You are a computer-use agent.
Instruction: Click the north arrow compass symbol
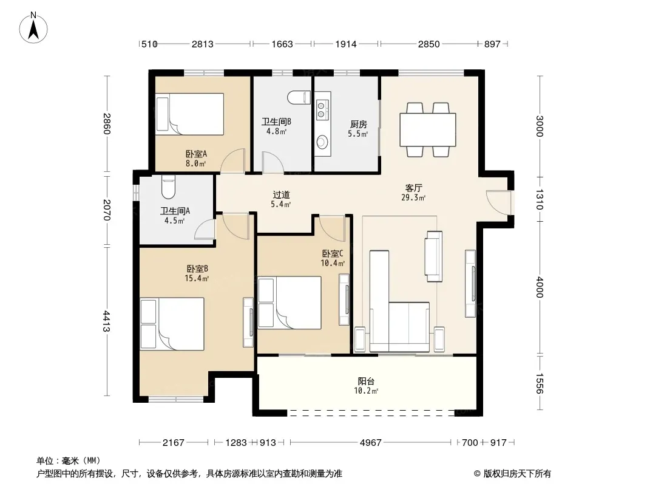(x=33, y=28)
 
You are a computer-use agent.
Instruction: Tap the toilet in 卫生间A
(x=168, y=187)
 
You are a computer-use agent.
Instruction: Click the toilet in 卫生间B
(x=299, y=97)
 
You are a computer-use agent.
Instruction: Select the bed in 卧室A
(x=190, y=114)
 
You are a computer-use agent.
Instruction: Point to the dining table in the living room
(x=428, y=129)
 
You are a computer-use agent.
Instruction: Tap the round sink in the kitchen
(x=322, y=142)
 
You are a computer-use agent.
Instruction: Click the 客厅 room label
(x=413, y=188)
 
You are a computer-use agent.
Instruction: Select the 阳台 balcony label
(x=366, y=381)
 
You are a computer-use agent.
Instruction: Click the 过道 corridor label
(x=282, y=194)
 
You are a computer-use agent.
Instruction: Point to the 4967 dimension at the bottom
(x=371, y=443)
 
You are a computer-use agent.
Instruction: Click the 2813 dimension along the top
(x=203, y=44)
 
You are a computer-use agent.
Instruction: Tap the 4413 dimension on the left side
(x=106, y=321)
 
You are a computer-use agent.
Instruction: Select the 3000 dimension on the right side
(x=540, y=126)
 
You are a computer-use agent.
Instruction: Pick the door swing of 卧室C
(x=332, y=228)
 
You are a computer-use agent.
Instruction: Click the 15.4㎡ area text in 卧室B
(x=197, y=278)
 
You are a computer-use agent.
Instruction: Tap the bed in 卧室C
(x=290, y=303)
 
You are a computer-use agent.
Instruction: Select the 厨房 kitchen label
(x=358, y=124)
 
